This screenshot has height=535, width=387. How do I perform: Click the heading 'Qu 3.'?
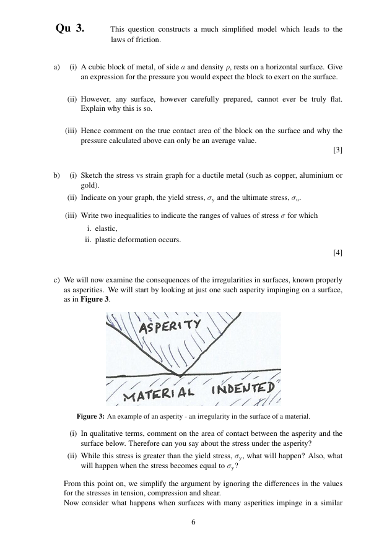tap(70, 29)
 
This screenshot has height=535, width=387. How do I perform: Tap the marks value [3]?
tap(337, 150)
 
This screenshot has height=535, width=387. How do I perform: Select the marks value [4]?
tap(337, 252)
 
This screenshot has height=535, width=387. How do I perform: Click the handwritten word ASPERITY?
tap(170, 325)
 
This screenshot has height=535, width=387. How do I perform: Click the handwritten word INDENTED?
tap(243, 389)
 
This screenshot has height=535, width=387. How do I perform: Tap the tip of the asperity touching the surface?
tap(180, 375)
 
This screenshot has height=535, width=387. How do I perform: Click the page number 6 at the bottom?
tap(193, 522)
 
